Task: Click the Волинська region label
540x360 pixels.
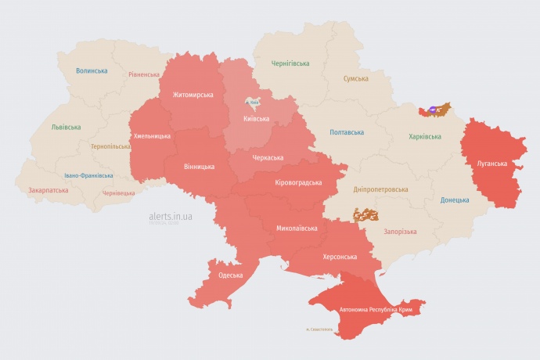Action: pos(92,70)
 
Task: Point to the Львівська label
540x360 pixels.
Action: pos(65,127)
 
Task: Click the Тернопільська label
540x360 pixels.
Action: pos(110,146)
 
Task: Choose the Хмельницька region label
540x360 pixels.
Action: pos(152,135)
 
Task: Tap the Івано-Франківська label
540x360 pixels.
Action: pos(88,175)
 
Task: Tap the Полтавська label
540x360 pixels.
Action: pos(347,132)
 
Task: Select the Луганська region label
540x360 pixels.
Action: pos(491,164)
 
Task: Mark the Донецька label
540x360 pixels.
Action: pos(455,200)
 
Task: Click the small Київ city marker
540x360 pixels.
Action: pos(253,102)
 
